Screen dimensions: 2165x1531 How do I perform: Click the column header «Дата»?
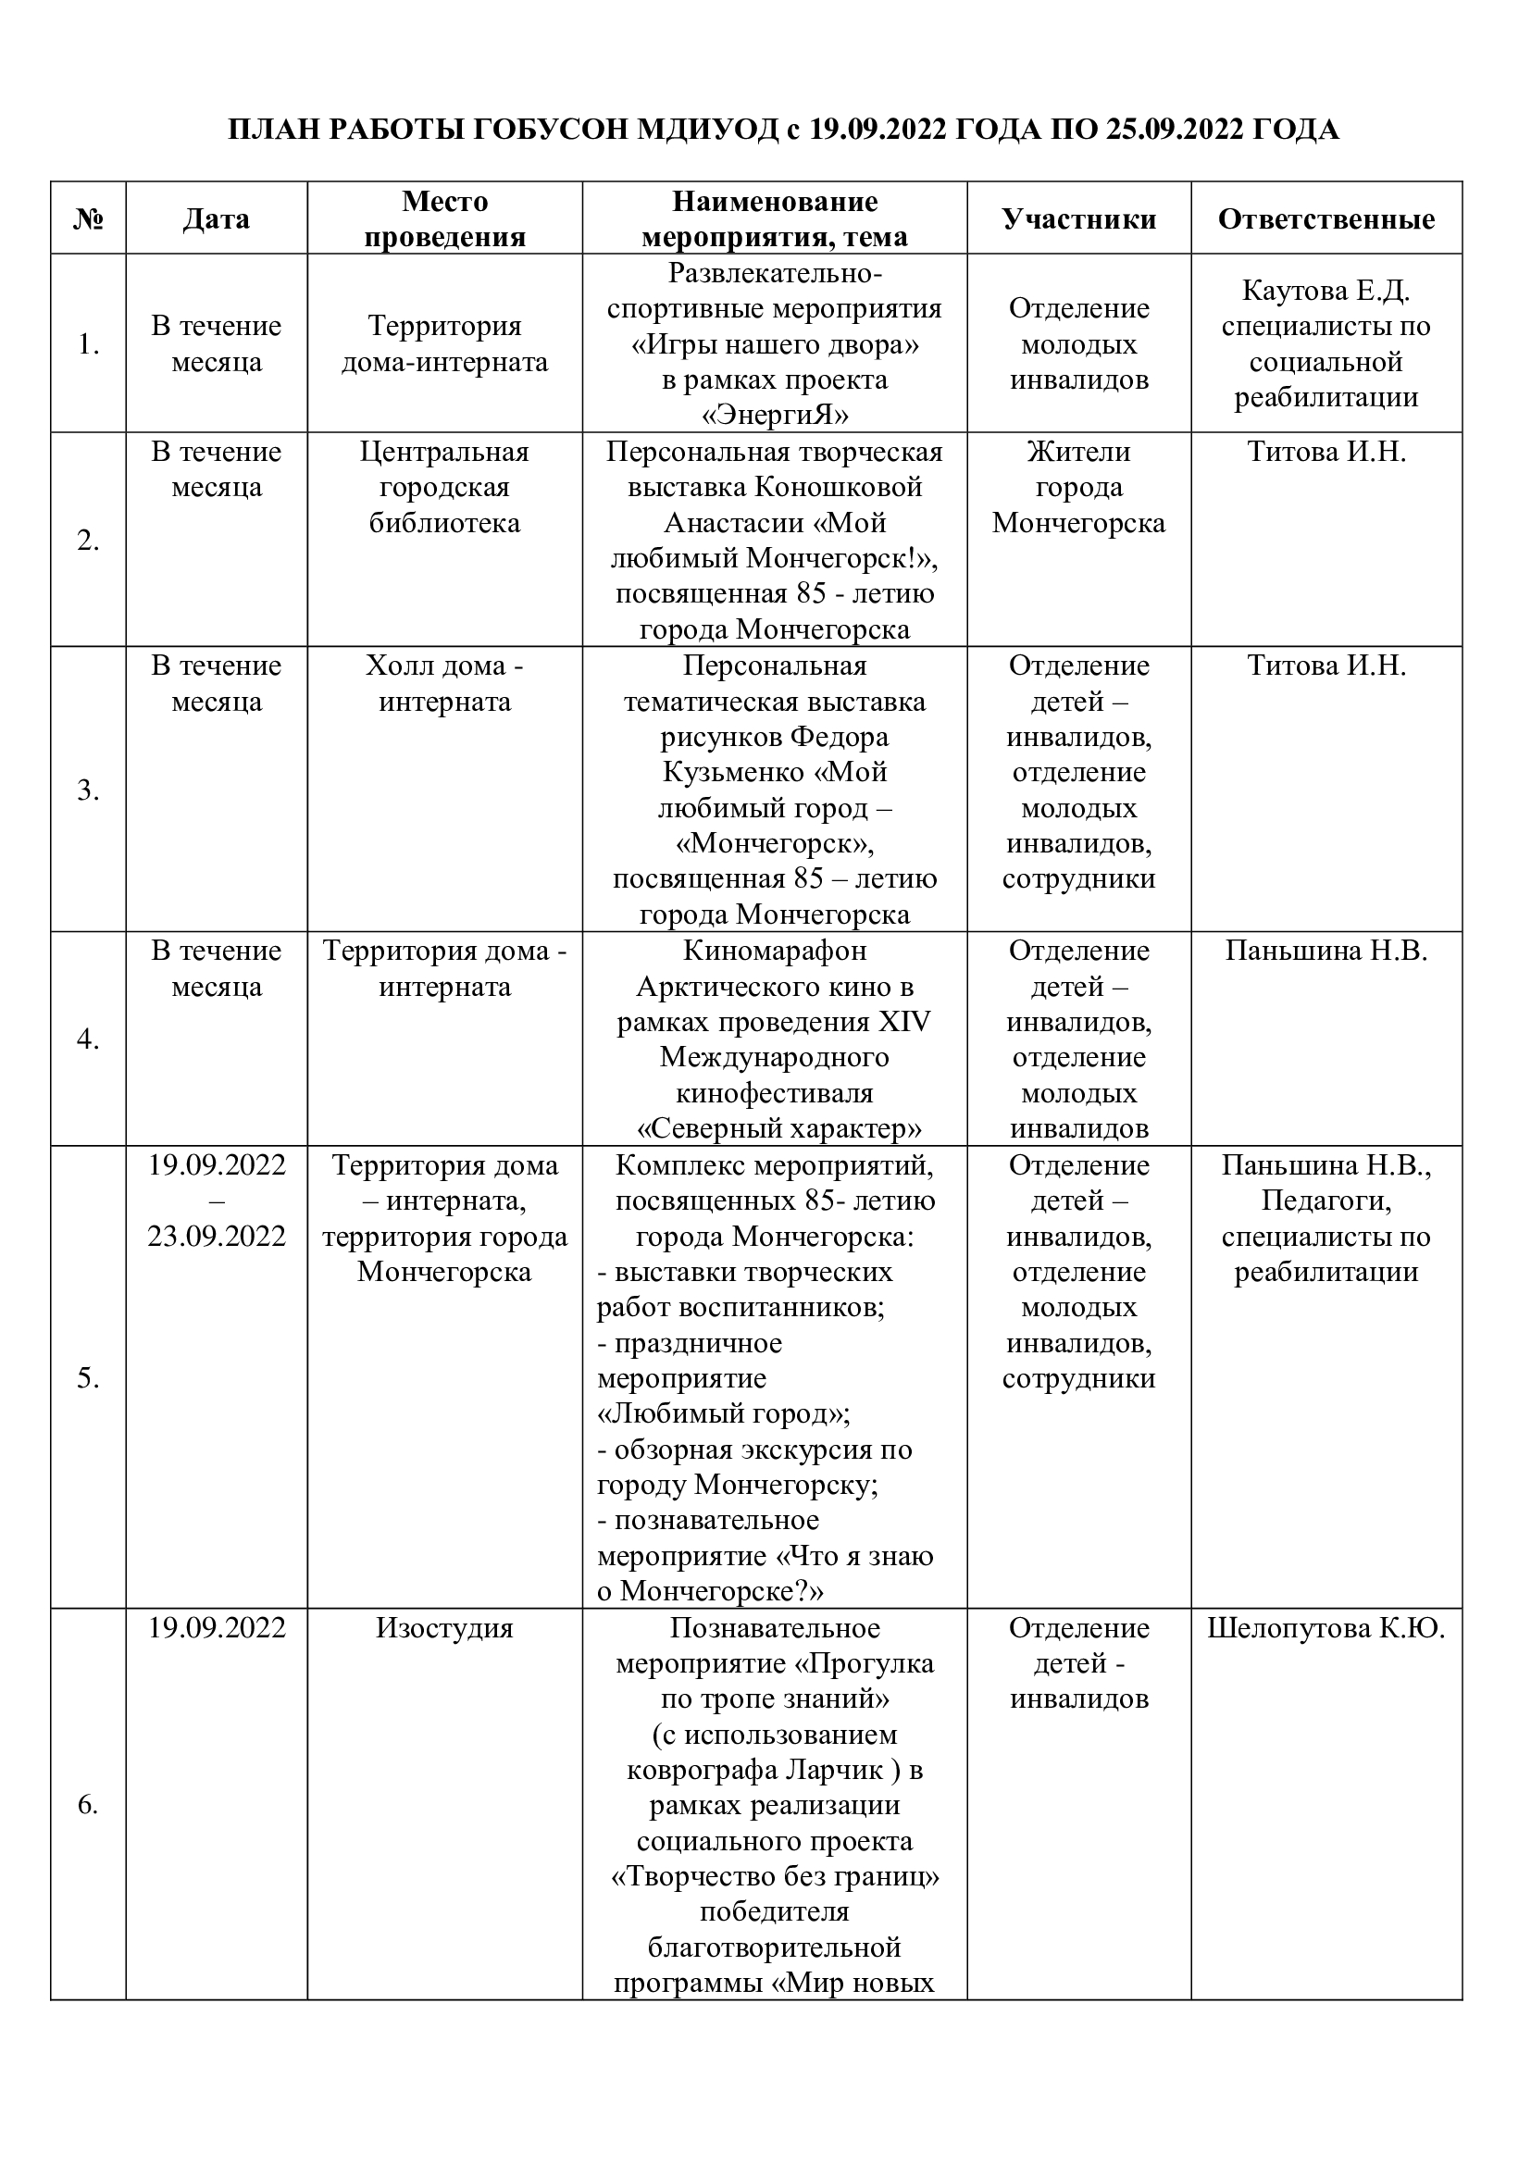click(216, 219)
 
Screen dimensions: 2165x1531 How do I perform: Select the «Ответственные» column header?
click(1326, 219)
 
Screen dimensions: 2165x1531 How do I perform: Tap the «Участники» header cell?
click(1078, 219)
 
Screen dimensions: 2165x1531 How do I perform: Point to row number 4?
click(88, 1039)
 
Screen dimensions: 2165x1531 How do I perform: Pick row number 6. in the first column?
click(88, 1805)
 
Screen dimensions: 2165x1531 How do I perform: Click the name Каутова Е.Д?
click(1326, 291)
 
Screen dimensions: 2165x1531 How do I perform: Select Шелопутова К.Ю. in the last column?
click(1326, 1628)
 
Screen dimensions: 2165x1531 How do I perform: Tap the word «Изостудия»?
click(444, 1628)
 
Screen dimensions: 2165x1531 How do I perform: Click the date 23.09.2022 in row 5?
click(216, 1237)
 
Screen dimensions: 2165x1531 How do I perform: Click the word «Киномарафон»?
click(775, 951)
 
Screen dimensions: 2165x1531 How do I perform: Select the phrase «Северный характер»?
click(778, 1128)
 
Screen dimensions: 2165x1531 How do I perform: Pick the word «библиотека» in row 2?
click(444, 523)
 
